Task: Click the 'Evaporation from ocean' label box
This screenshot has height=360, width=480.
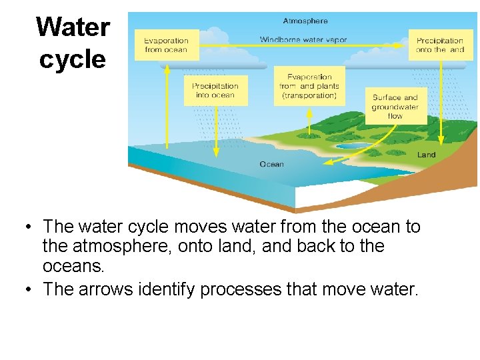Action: coord(167,45)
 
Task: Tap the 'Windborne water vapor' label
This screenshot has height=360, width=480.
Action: coord(303,40)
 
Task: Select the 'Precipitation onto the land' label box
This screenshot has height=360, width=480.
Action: coord(439,45)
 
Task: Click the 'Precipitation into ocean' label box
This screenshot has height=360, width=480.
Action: coord(215,91)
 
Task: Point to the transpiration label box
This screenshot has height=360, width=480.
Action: coord(309,87)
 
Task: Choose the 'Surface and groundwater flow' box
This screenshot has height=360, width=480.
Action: coord(395,107)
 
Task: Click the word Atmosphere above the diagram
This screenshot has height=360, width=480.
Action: coord(305,21)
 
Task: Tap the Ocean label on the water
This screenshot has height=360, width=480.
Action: coord(271,164)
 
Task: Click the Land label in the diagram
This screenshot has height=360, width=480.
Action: coord(427,155)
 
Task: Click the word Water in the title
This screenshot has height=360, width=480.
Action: coord(73,27)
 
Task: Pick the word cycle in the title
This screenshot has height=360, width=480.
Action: coord(73,59)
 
